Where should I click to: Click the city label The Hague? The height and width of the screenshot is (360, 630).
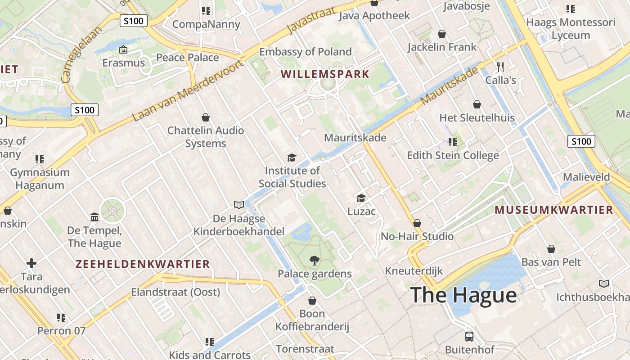click(x=463, y=295)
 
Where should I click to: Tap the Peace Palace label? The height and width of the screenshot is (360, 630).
click(x=187, y=58)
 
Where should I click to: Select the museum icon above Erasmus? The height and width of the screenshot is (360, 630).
click(x=123, y=49)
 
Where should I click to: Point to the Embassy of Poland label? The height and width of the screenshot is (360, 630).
click(x=305, y=52)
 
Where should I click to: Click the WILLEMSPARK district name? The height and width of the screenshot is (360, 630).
click(x=325, y=74)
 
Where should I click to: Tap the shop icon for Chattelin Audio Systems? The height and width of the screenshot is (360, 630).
click(x=206, y=117)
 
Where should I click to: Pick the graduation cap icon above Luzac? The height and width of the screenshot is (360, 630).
click(x=361, y=198)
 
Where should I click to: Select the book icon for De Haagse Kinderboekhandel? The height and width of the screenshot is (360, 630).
click(x=239, y=205)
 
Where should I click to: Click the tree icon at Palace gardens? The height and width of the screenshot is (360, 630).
click(x=314, y=260)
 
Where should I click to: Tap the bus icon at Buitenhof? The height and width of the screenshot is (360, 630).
click(x=469, y=336)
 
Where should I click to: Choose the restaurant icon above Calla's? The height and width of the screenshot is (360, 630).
click(x=500, y=67)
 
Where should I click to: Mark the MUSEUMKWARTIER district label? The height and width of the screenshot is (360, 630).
click(x=554, y=210)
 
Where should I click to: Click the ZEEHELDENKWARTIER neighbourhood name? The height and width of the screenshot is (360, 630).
click(x=143, y=264)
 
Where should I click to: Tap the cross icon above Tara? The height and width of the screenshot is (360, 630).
click(x=31, y=263)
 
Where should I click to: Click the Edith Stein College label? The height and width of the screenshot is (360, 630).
click(x=453, y=156)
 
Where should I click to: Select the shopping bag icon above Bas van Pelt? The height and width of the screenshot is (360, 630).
click(x=551, y=249)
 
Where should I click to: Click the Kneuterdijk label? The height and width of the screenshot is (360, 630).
click(x=414, y=271)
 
